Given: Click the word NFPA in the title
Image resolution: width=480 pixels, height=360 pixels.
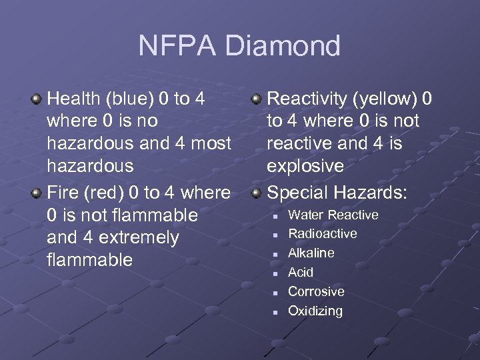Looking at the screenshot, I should (x=177, y=47).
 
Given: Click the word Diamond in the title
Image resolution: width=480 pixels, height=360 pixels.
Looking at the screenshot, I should (x=283, y=47).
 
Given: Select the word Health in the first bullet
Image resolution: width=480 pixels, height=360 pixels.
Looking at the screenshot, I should (x=73, y=99).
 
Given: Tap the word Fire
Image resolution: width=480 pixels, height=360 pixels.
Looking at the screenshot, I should (x=63, y=193).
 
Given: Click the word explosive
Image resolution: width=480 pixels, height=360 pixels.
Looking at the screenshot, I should (x=305, y=165).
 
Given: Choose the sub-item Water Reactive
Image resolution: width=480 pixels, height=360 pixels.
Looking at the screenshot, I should (x=333, y=215).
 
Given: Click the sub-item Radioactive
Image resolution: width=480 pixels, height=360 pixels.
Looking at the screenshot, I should (x=322, y=234).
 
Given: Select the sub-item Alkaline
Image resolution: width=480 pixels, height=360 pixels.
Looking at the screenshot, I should (x=311, y=253).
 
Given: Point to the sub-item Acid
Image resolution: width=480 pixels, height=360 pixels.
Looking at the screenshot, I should (x=300, y=272).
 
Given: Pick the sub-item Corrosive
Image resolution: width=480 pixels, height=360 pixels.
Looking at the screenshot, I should (x=316, y=291).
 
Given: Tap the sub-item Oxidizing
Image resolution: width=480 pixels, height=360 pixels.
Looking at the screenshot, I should (x=315, y=311).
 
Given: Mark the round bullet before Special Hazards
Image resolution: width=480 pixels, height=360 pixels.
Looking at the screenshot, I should (x=256, y=193).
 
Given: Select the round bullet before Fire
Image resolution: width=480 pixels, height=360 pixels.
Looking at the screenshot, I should (x=37, y=193).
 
